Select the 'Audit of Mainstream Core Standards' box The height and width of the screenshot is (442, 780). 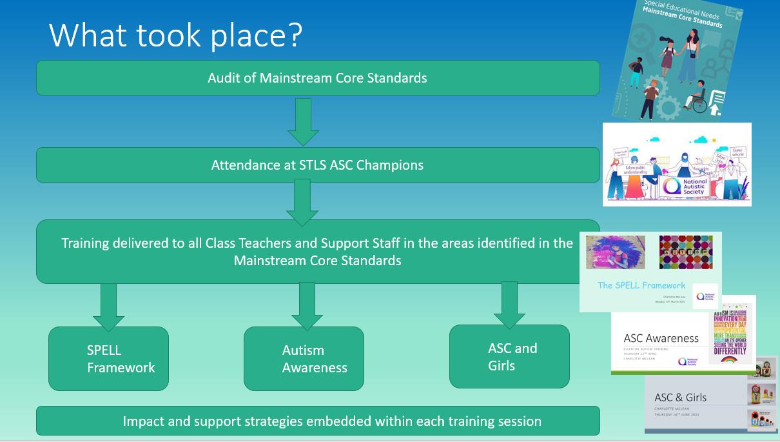tap(317, 78)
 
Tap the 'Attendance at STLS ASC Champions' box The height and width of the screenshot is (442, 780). tap(317, 165)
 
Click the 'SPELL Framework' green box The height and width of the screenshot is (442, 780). tap(108, 359)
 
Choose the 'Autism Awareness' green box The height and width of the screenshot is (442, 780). tap(304, 359)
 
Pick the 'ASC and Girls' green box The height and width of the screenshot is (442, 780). tap(509, 356)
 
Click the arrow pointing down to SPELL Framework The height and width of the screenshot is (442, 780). tap(108, 307)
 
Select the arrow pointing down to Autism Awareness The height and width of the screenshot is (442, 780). tap(307, 306)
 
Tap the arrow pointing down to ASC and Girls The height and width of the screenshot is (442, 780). tap(509, 305)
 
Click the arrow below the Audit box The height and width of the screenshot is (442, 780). tap(303, 121)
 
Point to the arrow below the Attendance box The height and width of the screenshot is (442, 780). tap(302, 202)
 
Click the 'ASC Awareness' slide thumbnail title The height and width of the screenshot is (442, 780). tap(661, 338)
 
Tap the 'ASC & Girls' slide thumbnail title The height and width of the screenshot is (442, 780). tap(680, 397)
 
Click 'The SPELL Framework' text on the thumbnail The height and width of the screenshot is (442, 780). tap(641, 285)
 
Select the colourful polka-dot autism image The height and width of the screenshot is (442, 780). tap(686, 252)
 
